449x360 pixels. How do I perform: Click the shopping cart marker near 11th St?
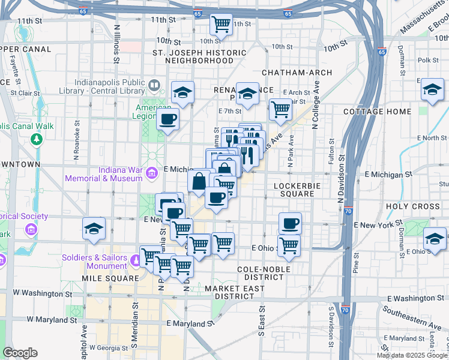point(221,24)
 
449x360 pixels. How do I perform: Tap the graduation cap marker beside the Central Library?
point(182,92)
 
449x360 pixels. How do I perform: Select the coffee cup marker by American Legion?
point(168,118)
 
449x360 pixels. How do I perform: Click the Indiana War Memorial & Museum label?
point(110,174)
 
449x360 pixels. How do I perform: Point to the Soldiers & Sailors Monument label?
point(94,261)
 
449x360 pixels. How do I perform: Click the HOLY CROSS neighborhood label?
point(414,206)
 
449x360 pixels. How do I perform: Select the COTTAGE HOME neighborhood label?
point(378,112)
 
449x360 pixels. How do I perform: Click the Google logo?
point(20,353)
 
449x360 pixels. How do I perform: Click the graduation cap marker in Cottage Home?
point(432,90)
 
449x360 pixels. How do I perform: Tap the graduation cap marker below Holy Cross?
point(434,239)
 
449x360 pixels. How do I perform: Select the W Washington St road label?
point(42,295)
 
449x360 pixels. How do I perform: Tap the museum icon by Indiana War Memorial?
point(152,174)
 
